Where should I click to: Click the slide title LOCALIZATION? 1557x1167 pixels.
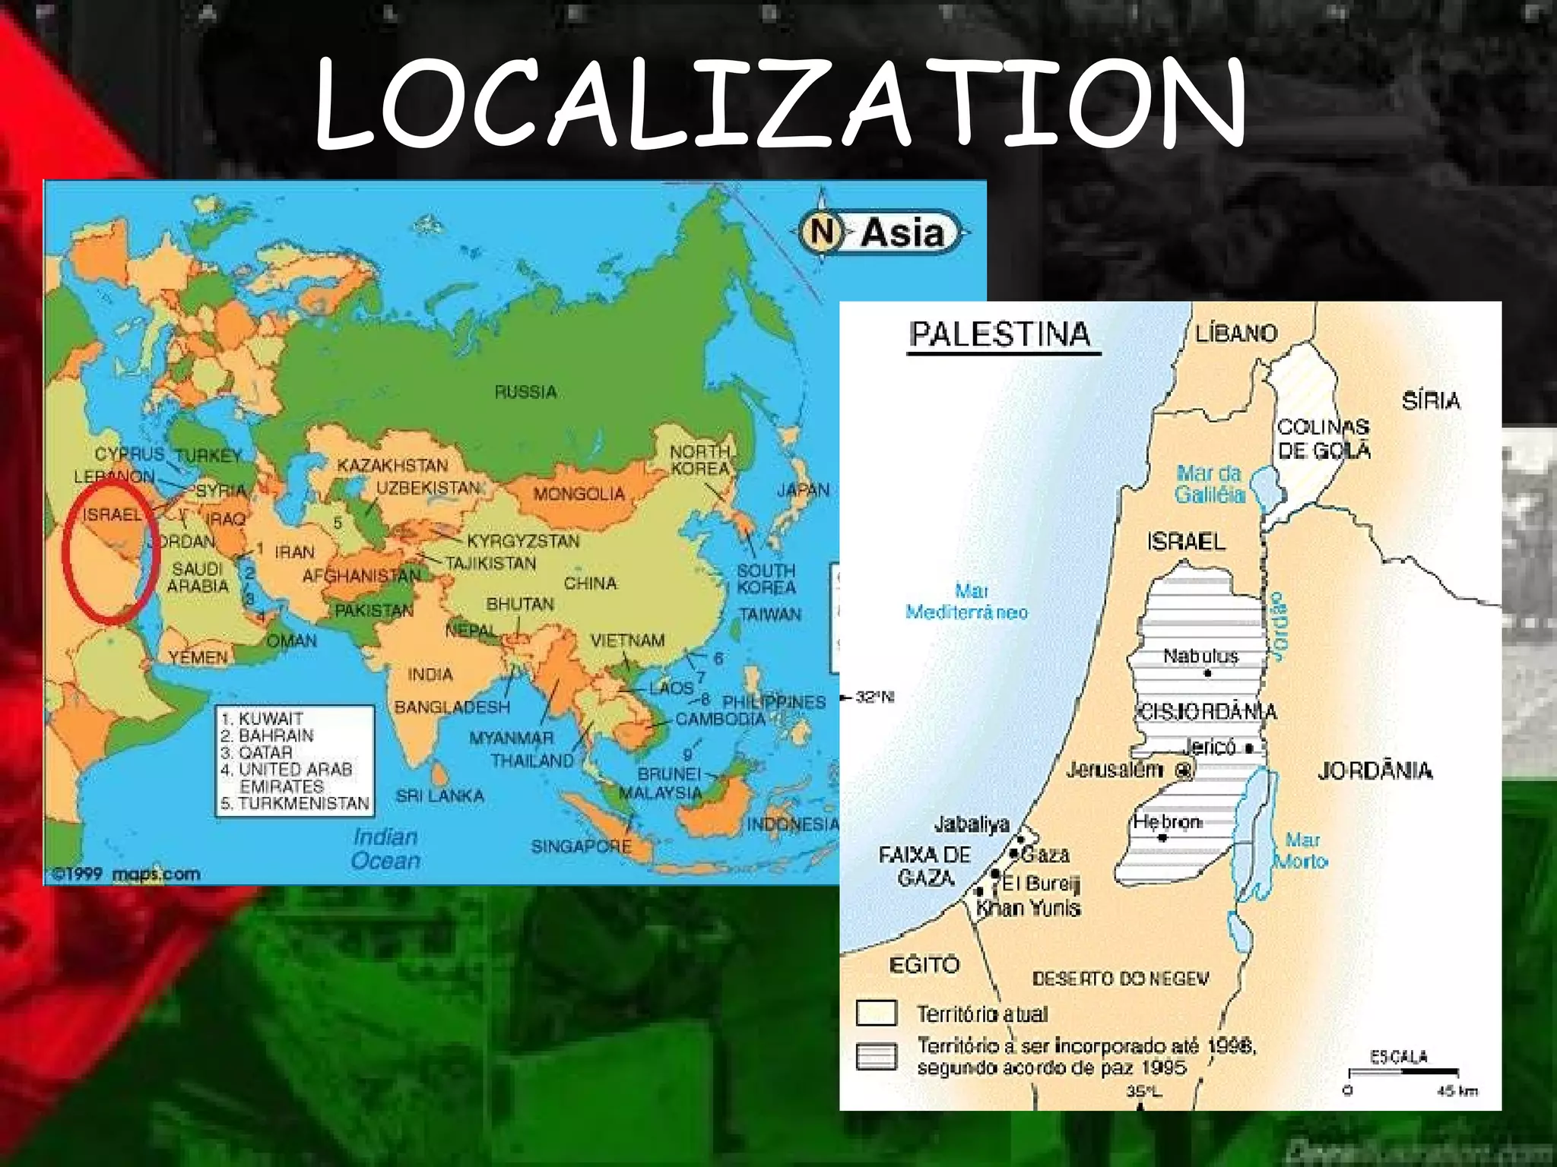pos(780,105)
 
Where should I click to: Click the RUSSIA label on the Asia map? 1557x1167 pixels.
pos(526,392)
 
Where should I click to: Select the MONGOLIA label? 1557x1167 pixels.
pos(579,494)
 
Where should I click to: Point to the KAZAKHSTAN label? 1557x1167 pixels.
pos(392,465)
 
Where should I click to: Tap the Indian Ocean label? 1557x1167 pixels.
pos(386,849)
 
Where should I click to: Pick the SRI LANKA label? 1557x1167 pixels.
pos(439,795)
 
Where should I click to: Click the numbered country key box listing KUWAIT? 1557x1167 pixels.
pos(295,761)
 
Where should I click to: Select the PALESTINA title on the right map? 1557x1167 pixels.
pos(1000,334)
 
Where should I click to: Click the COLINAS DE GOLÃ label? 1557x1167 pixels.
pos(1324,438)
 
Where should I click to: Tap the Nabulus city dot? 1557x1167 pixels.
pos(1207,673)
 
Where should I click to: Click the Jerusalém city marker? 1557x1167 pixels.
pos(1183,770)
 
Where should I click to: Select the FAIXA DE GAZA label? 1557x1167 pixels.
pos(925,866)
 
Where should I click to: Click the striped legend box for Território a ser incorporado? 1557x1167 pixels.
pos(876,1057)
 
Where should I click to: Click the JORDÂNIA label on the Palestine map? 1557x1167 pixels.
pos(1375,771)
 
